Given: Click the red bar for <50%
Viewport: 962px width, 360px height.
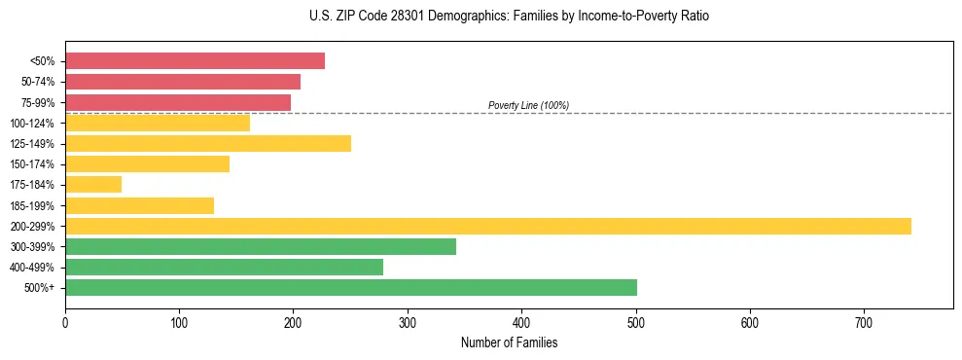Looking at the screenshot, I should coord(195,61).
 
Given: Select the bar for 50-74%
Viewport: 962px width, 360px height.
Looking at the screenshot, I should coord(183,82).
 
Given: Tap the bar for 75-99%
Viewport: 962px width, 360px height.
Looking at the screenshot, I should coord(178,102).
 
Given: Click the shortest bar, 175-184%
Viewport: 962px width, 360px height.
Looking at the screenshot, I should coord(93,185).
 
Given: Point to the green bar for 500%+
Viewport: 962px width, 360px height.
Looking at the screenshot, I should coord(351,287).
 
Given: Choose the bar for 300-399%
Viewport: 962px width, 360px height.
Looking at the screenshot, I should coord(261,246).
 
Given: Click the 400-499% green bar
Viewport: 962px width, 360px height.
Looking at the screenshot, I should coord(224,267).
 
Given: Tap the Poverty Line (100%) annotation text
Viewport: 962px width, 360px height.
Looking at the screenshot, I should coord(528,105).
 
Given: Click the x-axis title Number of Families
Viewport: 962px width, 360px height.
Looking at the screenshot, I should coord(509,342).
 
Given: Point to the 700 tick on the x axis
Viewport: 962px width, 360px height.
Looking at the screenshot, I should coord(865,321).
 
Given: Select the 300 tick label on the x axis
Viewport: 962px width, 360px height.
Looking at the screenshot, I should coord(408,321).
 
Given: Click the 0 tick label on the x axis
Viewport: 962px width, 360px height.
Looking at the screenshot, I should coord(65,321).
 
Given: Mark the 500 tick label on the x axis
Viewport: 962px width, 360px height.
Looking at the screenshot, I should coord(636,321).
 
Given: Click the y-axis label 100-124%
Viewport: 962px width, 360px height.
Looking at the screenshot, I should coord(33,124).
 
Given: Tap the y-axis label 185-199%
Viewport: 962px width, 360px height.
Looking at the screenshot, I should coord(33,205).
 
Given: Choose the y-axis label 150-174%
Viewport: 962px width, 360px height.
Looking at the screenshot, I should coord(33,164).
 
